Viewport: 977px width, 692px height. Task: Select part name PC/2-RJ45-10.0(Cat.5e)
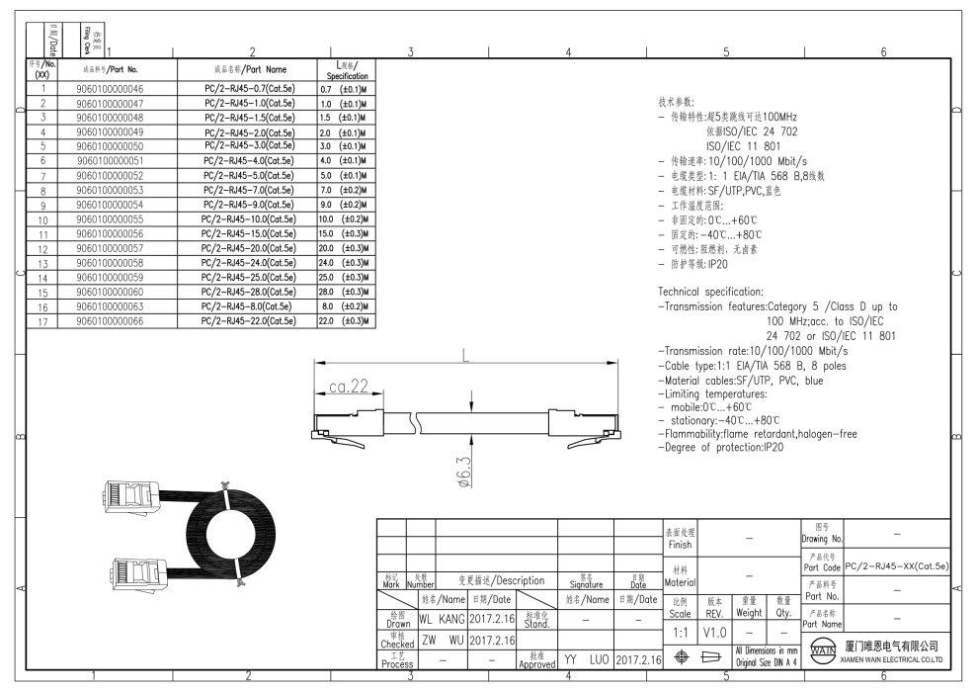click(249, 218)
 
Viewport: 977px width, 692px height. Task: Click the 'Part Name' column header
click(249, 70)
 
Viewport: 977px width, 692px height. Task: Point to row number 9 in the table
click(42, 205)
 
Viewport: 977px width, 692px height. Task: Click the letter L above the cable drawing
click(464, 360)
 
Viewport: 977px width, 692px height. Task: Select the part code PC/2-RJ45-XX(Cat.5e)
click(897, 566)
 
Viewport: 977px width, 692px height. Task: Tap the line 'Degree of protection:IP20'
click(720, 448)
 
